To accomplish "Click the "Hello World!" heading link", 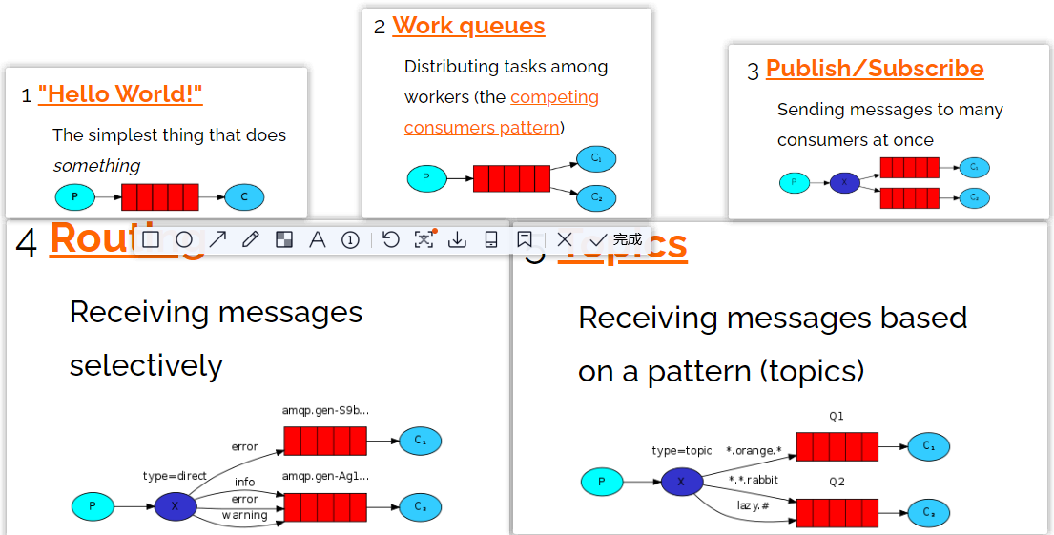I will pyautogui.click(x=120, y=93).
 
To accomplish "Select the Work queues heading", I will pyautogui.click(x=468, y=26).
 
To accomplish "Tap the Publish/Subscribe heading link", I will pyautogui.click(x=875, y=69).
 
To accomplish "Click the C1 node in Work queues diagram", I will pyautogui.click(x=596, y=159).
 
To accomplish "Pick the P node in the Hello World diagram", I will pyautogui.click(x=74, y=197).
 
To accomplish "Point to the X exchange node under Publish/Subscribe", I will pyautogui.click(x=844, y=182).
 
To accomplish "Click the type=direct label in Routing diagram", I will pyautogui.click(x=175, y=476).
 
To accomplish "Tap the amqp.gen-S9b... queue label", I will pyautogui.click(x=324, y=411).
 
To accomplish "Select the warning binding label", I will pyautogui.click(x=244, y=516).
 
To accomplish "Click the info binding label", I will pyautogui.click(x=244, y=482).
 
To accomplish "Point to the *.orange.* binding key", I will pyautogui.click(x=754, y=450).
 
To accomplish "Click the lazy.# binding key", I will pyautogui.click(x=753, y=504).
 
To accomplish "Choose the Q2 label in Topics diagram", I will pyautogui.click(x=837, y=482).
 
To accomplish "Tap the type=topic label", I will pyautogui.click(x=681, y=450).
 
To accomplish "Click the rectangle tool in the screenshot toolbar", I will pyautogui.click(x=151, y=239).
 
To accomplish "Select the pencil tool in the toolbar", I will pyautogui.click(x=251, y=239).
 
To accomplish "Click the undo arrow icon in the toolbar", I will pyautogui.click(x=390, y=239).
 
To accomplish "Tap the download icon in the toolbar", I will pyautogui.click(x=457, y=239).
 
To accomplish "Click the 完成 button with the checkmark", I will pyautogui.click(x=616, y=239).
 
